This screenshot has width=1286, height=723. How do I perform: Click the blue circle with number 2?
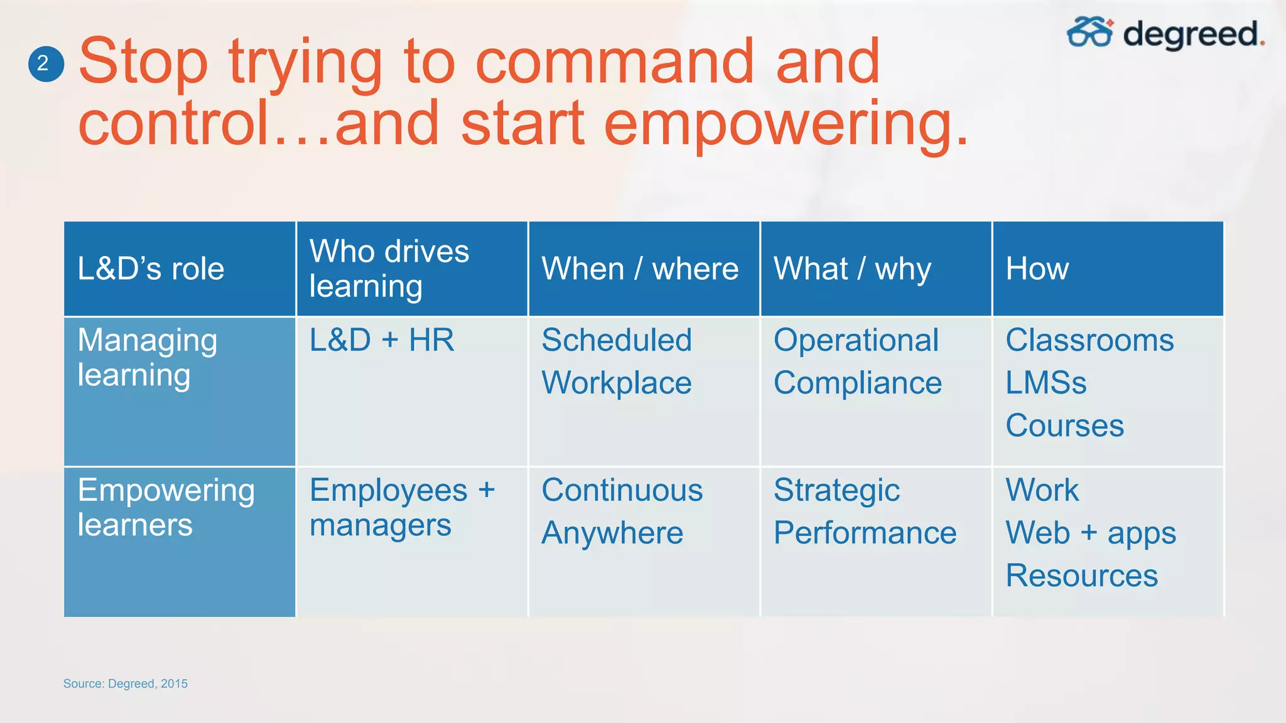pos(46,63)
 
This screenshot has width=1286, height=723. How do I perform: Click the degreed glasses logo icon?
pos(1089,32)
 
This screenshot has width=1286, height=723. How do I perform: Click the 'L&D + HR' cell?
pos(382,340)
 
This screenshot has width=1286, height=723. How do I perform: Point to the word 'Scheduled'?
pos(617,340)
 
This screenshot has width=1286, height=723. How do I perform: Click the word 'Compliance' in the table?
pos(857,383)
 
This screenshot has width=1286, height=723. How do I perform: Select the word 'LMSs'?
pos(1046,383)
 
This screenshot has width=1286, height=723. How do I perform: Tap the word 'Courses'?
pos(1064,426)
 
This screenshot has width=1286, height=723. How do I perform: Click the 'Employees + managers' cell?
pos(402,507)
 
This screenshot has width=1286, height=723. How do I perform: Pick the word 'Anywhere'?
pos(612,533)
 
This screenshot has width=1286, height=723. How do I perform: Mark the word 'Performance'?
pos(865,533)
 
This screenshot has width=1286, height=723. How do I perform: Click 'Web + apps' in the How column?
pos(1091,533)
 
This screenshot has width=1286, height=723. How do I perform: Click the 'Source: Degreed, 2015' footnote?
pos(126,683)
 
